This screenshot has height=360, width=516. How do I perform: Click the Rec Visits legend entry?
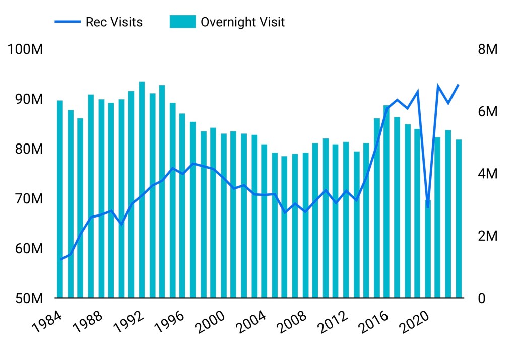pos(114,22)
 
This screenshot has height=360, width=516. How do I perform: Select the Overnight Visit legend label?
pos(242,22)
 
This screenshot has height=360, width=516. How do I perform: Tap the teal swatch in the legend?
pos(182,22)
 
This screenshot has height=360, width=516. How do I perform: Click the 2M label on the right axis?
pos(487,236)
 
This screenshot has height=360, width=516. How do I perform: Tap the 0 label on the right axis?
pos(481,298)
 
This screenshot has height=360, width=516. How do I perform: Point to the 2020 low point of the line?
pos(428,207)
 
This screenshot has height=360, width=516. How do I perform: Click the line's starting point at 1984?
pos(60,259)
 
